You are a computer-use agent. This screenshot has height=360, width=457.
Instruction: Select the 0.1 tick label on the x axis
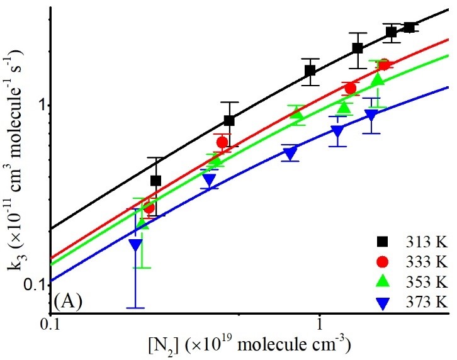pos(50,325)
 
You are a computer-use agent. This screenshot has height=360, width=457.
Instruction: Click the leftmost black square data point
pos(155,181)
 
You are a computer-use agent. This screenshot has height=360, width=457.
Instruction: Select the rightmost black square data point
pos(409,27)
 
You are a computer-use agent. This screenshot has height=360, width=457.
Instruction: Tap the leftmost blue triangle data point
pos(135,245)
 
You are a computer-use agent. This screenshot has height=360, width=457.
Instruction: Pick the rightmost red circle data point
pos(383,64)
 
